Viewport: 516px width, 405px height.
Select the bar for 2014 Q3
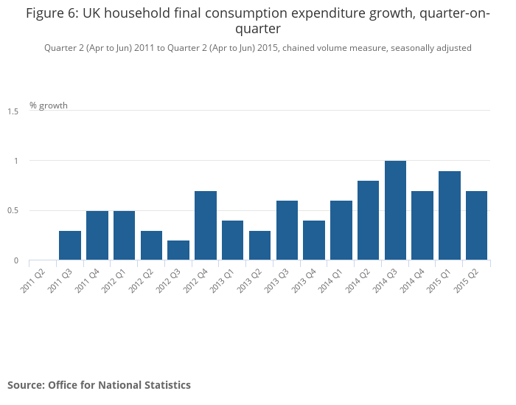395,210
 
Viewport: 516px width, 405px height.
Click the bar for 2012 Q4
206,226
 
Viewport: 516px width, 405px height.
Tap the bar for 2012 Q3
178,250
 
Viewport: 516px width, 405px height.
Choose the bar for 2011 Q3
70,246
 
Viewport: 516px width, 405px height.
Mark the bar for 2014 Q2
368,221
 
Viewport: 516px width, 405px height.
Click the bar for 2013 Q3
287,230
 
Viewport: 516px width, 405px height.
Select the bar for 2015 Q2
476,226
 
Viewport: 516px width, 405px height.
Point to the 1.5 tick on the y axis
13,111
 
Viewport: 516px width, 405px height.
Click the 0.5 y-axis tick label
13,211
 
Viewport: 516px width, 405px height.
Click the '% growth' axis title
49,105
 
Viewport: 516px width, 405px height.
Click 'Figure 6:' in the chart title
52,13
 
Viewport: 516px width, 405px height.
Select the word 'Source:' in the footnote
26,385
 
